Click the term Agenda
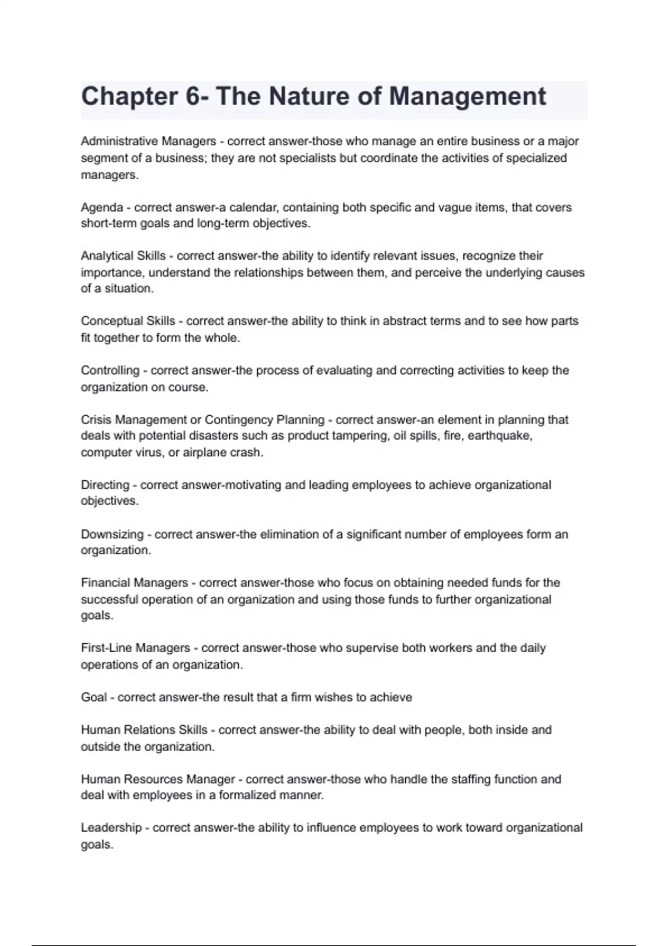click(x=102, y=208)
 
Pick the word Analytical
click(x=106, y=256)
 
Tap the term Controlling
click(x=110, y=371)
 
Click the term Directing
click(x=105, y=485)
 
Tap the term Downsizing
click(x=112, y=534)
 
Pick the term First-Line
click(x=107, y=648)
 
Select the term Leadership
click(x=111, y=827)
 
